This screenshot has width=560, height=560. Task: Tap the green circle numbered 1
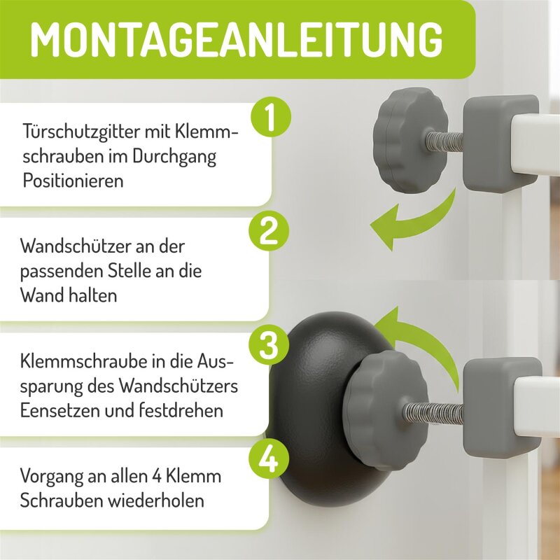point(271,117)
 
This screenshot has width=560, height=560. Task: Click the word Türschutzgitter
point(81,132)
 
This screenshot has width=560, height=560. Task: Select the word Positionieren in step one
point(73,181)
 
